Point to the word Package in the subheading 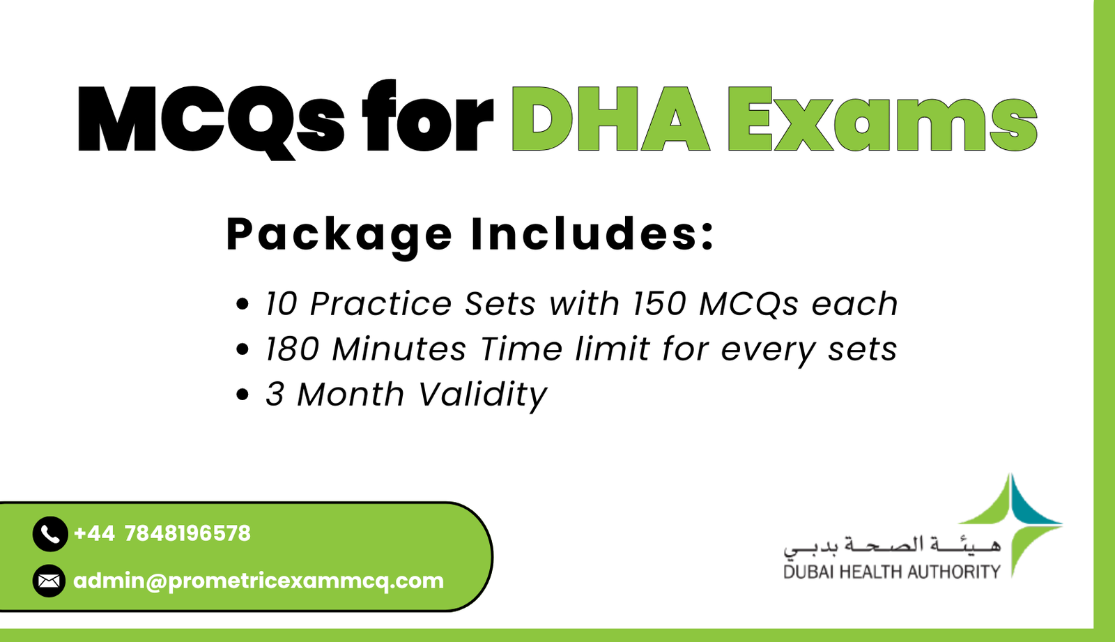click(339, 235)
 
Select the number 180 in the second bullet click(292, 349)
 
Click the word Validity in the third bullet click(482, 395)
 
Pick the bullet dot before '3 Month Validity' click(243, 395)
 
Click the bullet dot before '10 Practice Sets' click(243, 304)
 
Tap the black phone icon click(49, 535)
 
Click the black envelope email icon click(49, 581)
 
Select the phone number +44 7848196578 click(162, 534)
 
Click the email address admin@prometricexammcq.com click(259, 581)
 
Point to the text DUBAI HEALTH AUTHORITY click(891, 572)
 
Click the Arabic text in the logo click(891, 546)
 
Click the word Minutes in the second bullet click(399, 349)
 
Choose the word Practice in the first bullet click(380, 304)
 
